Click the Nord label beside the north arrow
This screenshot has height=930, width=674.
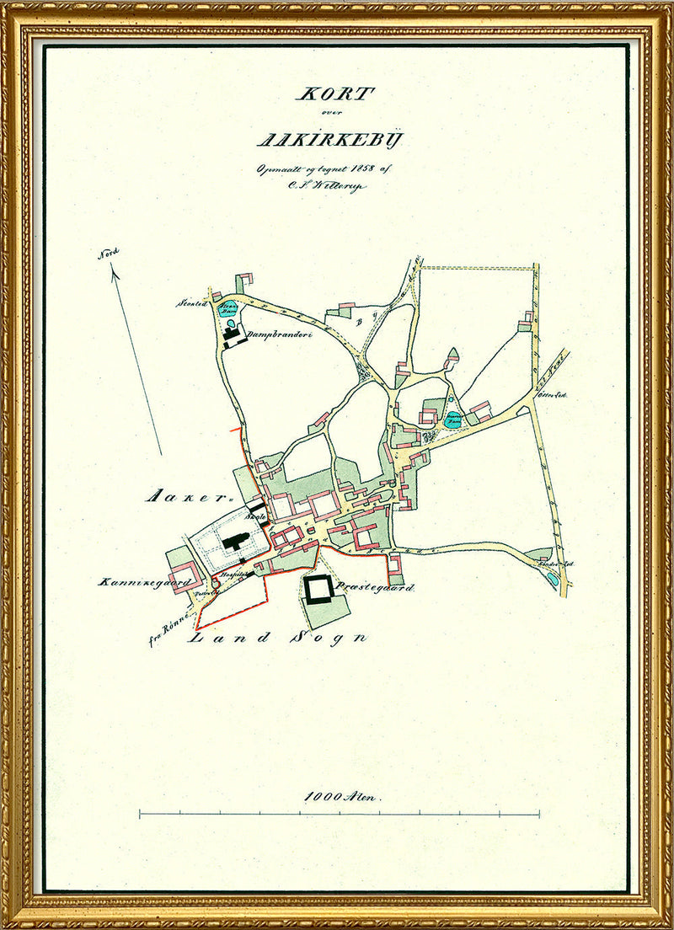[109, 253]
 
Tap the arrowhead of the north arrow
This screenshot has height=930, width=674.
[114, 270]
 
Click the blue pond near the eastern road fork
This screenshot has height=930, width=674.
[453, 419]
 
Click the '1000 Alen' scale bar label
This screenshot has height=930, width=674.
[343, 794]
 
